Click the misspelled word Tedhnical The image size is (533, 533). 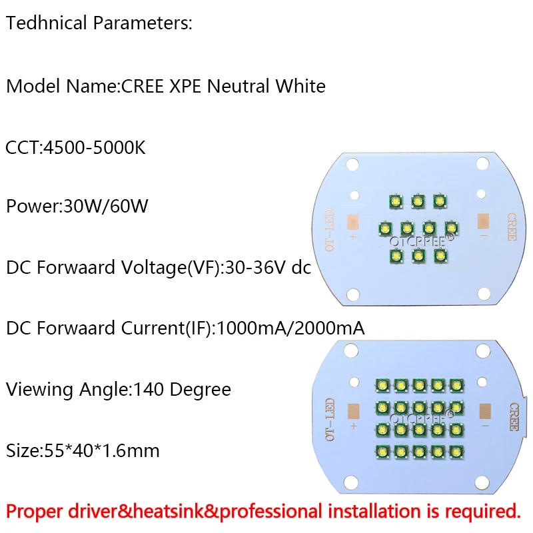[47, 23]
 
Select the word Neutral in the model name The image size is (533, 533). [239, 86]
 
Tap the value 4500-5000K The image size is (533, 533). [95, 147]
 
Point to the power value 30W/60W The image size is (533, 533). [106, 206]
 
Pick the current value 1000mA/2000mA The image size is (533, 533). [290, 328]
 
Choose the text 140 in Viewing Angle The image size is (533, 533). [149, 389]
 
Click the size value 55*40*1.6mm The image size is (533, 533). [102, 451]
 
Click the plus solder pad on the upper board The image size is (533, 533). [352, 223]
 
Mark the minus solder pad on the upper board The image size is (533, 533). [483, 221]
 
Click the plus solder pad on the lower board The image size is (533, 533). [354, 411]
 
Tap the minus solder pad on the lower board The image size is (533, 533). [485, 411]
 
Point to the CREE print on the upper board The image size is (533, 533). [512, 227]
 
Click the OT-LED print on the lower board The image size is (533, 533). [330, 420]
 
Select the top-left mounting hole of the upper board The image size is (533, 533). [352, 165]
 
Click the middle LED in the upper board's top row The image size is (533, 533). [418, 201]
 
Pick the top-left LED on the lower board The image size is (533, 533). [382, 386]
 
